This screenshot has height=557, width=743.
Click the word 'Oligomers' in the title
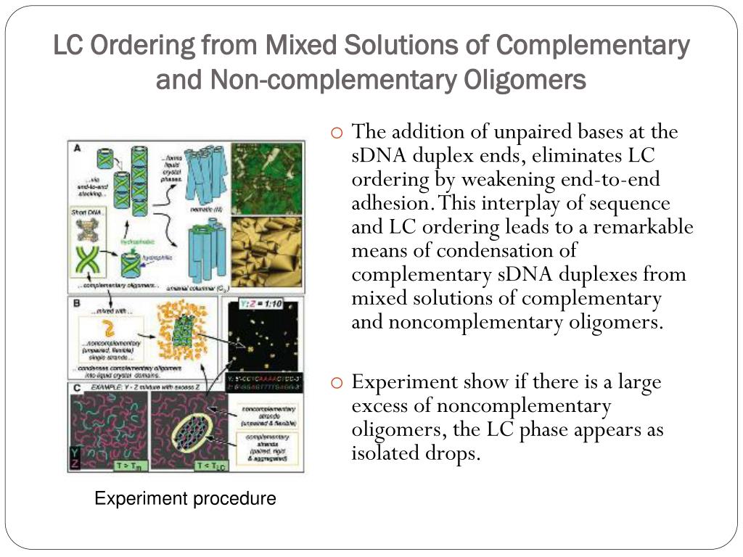[525, 79]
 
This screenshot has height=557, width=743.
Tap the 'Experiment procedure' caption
[186, 499]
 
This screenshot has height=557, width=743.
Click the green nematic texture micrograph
[266, 178]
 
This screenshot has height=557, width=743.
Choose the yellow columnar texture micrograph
[266, 254]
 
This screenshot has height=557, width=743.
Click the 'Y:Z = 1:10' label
[265, 303]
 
